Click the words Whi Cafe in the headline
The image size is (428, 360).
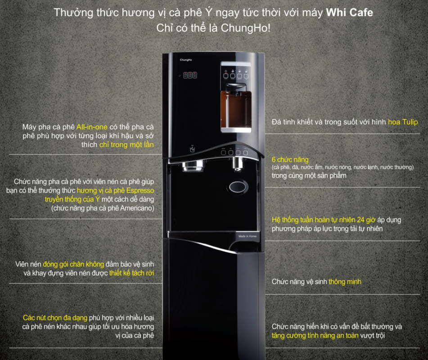click(349, 13)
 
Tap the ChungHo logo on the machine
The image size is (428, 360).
click(186, 59)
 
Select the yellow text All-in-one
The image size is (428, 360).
click(92, 127)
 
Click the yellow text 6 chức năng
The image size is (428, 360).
click(290, 160)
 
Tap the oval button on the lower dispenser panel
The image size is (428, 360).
click(238, 186)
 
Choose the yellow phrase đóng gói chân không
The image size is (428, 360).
click(80, 264)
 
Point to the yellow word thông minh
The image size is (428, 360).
click(345, 282)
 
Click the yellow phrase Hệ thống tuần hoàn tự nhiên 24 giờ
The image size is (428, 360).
click(317, 220)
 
